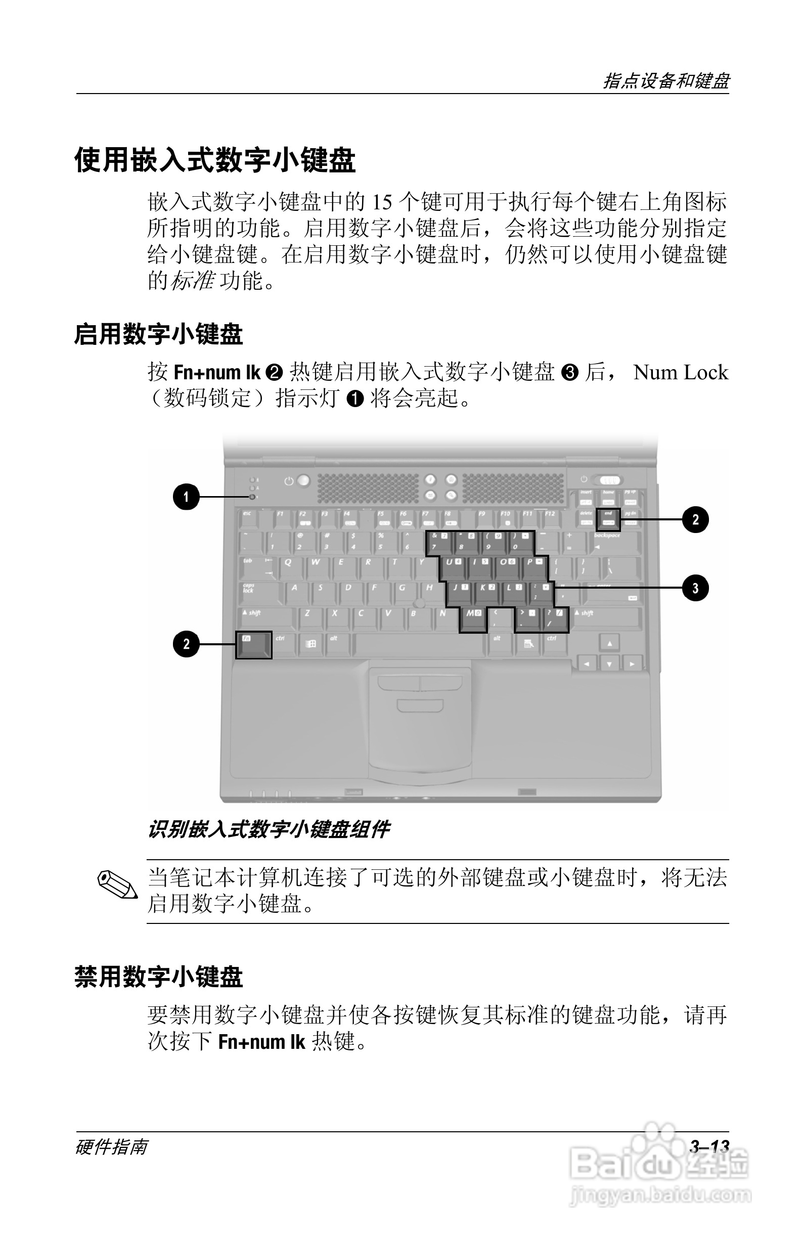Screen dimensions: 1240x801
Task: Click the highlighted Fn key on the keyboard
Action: (x=254, y=645)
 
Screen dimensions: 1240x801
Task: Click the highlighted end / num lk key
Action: (x=608, y=519)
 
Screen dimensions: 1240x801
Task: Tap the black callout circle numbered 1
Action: (x=186, y=497)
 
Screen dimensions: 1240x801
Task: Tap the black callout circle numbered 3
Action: (x=695, y=588)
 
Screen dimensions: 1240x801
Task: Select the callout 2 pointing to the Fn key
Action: (x=186, y=644)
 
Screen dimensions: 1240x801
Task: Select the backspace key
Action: (x=616, y=543)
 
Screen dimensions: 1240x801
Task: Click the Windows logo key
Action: (x=310, y=644)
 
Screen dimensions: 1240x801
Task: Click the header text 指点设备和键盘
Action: (x=666, y=81)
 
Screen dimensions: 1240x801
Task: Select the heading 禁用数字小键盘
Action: (x=159, y=977)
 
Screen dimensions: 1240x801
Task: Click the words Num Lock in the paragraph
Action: (x=680, y=372)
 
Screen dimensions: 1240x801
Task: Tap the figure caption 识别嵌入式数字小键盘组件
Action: (x=269, y=829)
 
